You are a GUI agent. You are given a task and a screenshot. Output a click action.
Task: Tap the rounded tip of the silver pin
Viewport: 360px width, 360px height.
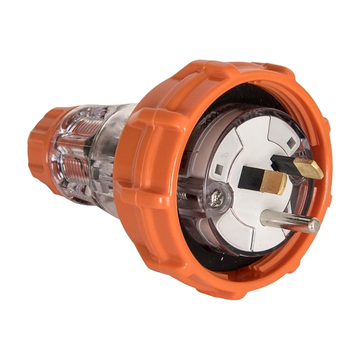point(313,226)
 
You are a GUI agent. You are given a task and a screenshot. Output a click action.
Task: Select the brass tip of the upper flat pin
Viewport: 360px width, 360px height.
point(310,169)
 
